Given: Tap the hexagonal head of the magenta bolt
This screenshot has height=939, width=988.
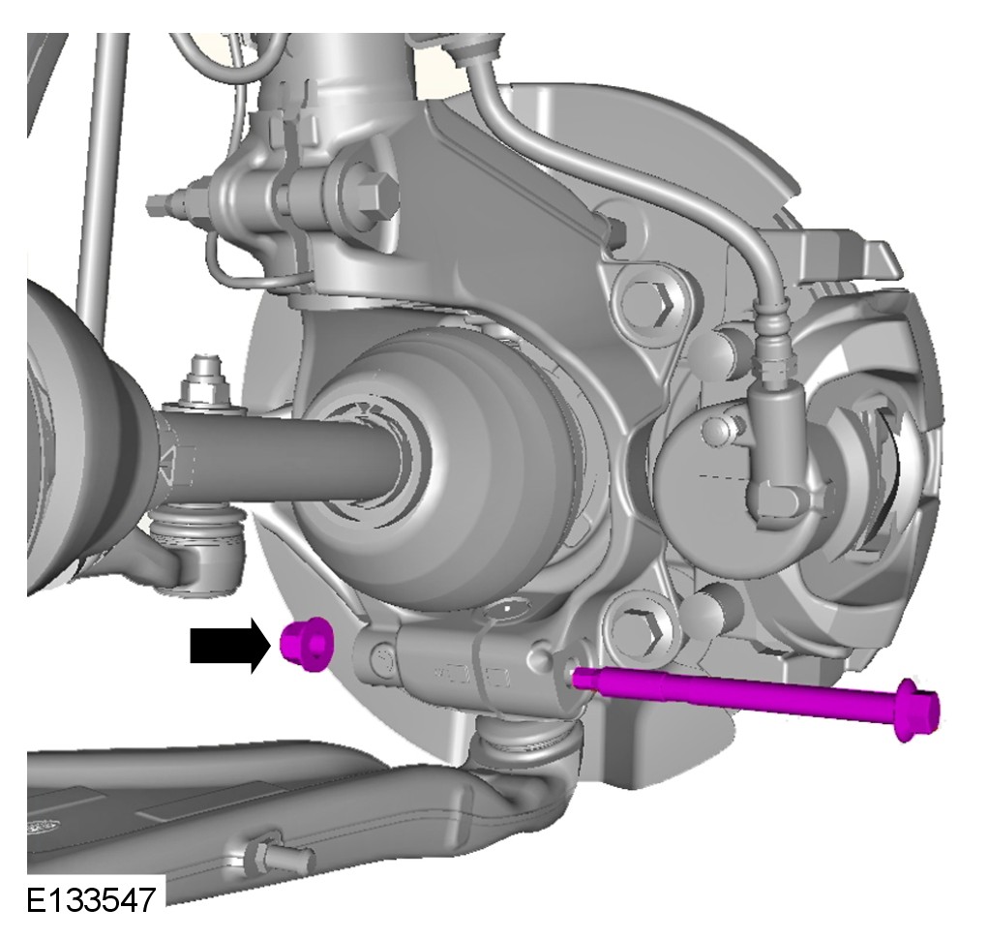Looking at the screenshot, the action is click(917, 710).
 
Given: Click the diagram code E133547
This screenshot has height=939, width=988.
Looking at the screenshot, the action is click(91, 900).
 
